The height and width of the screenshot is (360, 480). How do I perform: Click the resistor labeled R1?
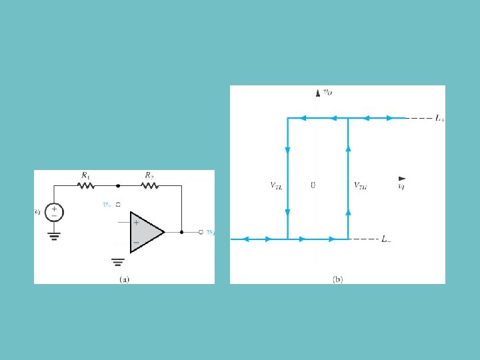86,185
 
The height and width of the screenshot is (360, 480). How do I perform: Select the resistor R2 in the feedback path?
149,185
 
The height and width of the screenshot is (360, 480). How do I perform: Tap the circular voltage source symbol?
56,213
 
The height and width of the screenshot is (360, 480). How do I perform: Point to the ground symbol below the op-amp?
118,261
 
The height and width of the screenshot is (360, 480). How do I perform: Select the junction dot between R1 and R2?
118,186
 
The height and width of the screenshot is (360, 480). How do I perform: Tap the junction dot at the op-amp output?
181,233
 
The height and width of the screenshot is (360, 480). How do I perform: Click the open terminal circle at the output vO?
201,233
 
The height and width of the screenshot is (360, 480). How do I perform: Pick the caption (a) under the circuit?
124,279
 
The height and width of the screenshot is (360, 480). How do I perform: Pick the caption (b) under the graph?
337,279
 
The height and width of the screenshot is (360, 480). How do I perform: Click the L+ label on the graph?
441,119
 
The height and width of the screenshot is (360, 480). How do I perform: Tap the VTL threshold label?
276,187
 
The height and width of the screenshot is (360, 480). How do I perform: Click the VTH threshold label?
360,187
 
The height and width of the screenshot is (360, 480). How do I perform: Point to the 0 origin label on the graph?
313,186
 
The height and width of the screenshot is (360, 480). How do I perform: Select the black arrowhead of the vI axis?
401,179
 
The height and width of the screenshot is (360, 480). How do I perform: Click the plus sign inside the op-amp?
136,223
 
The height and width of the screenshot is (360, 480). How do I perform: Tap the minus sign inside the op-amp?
136,241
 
